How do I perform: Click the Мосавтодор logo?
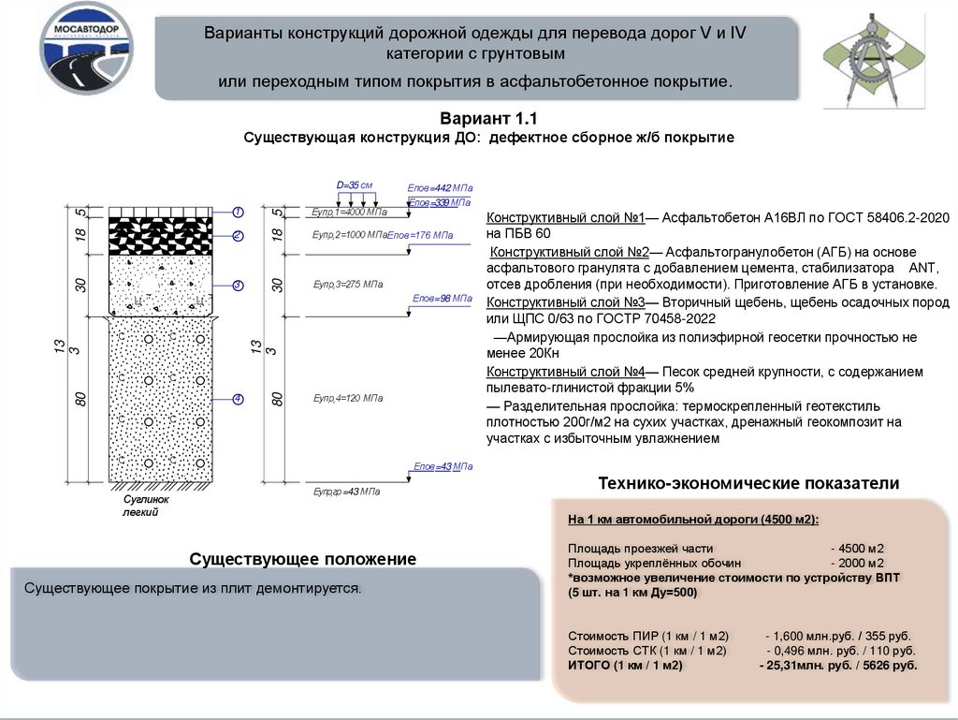point(86,49)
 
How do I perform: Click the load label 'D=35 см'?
point(355,184)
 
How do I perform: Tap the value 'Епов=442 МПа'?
point(441,188)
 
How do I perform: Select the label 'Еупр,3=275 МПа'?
point(348,284)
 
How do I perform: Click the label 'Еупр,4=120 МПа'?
point(348,399)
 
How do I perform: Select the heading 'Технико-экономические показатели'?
point(748,484)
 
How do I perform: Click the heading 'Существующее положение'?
point(302,559)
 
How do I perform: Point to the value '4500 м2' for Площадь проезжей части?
point(858,549)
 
